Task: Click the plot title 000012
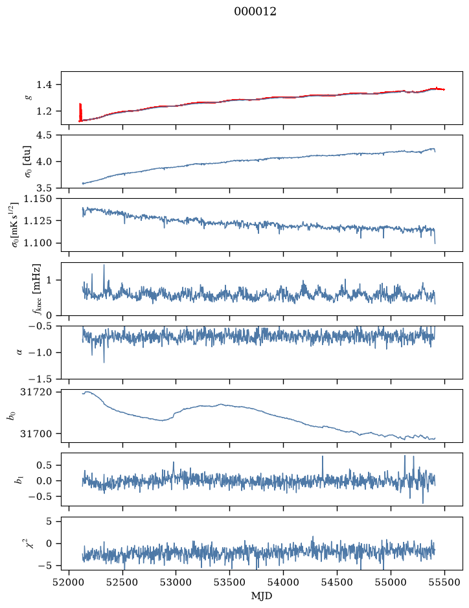255,12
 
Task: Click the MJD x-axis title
262,596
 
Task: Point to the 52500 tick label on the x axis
122,582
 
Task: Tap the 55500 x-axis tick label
444,582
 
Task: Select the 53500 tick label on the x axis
230,582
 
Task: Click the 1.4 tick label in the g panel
44,85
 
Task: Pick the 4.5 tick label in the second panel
44,135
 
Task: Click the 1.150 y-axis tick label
39,199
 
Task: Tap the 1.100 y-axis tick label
39,243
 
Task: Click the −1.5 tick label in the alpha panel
40,379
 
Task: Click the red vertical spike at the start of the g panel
80,112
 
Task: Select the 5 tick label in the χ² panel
49,521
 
